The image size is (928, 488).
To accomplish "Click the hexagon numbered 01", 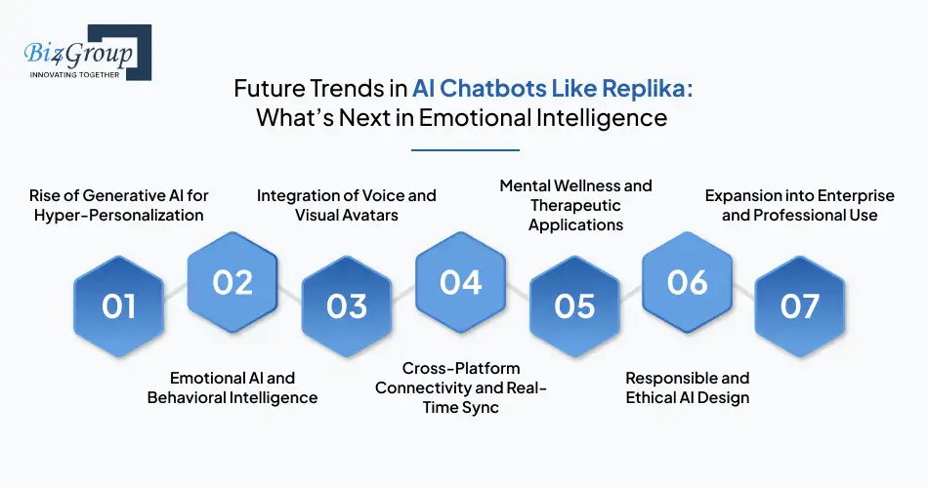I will coord(119,306).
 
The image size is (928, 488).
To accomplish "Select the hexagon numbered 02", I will coord(232,282).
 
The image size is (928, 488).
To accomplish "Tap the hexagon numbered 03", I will coord(346,306).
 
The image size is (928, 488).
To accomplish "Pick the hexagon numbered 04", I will coord(460,282).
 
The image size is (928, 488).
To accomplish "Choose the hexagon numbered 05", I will coord(574,306).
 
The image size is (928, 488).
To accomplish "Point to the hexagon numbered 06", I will coord(688,282).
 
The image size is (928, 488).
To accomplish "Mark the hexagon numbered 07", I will coord(800,306).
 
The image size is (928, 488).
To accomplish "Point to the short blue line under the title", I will coord(465,149).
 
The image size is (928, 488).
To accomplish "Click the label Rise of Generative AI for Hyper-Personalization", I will coord(118,205).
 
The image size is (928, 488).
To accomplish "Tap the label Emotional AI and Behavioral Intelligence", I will coord(232,387).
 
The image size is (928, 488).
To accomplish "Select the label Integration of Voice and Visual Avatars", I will coord(347,205).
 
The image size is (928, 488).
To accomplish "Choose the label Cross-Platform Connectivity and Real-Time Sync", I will coord(461,387).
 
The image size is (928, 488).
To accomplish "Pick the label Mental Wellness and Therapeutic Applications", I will coord(575,205).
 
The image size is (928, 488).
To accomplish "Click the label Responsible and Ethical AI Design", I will coord(688,387).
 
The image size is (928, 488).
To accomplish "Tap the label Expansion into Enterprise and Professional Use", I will coord(800,205).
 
